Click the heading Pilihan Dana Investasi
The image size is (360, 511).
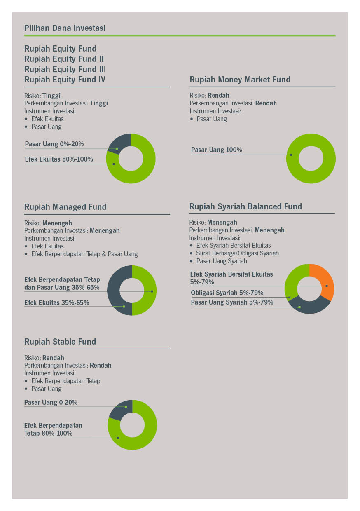point(65,28)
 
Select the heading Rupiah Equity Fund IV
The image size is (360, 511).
point(65,80)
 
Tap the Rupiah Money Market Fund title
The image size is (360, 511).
point(240,80)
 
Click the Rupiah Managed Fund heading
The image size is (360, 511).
point(65,207)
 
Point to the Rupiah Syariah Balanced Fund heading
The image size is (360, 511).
point(245,206)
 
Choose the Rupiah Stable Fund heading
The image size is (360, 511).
point(60,342)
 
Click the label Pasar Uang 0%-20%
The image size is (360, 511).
point(54,144)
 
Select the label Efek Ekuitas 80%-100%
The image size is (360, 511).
point(59,159)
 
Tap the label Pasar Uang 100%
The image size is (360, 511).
point(217,150)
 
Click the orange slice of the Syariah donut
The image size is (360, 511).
point(326,280)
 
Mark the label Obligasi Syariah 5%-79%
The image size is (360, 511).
point(227,293)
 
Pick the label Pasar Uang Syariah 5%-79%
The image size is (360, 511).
point(232,302)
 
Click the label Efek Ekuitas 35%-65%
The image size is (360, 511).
point(56,303)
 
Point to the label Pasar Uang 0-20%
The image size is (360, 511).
point(51,403)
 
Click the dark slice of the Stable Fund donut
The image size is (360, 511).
point(121,409)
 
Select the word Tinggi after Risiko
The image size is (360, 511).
point(51,96)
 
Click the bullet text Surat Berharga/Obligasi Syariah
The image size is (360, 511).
point(237,253)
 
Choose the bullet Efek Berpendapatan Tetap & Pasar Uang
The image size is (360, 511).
point(84,254)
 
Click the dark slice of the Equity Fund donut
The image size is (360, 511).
point(119,143)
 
